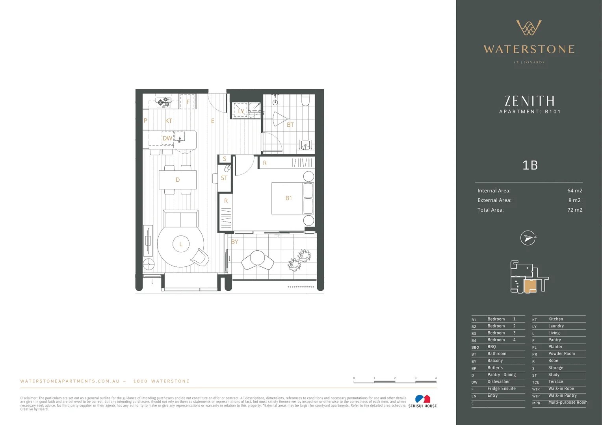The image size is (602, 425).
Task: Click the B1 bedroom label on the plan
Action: (x=289, y=198)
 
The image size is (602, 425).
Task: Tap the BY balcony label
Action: (x=234, y=242)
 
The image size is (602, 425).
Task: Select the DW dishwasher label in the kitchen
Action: (x=167, y=138)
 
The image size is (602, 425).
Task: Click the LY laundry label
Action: (x=241, y=111)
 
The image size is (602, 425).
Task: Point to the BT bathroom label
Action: (x=290, y=125)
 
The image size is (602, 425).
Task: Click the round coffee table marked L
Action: (x=181, y=244)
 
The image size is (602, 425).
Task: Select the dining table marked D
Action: (x=178, y=180)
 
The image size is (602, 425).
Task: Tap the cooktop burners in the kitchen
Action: (x=164, y=102)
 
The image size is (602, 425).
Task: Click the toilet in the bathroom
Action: (x=306, y=100)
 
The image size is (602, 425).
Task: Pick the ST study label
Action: (x=224, y=178)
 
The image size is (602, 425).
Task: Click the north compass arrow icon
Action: (x=528, y=238)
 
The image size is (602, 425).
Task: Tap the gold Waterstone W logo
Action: (x=529, y=28)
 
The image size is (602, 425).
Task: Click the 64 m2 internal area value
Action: (x=574, y=190)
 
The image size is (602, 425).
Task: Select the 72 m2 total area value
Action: (x=574, y=210)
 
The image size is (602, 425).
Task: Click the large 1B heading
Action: (x=530, y=165)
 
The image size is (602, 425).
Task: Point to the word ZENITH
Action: (x=530, y=101)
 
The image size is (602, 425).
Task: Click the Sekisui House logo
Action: (x=422, y=401)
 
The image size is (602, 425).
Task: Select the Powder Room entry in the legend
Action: (x=561, y=354)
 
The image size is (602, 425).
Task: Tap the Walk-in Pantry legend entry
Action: (x=562, y=395)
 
